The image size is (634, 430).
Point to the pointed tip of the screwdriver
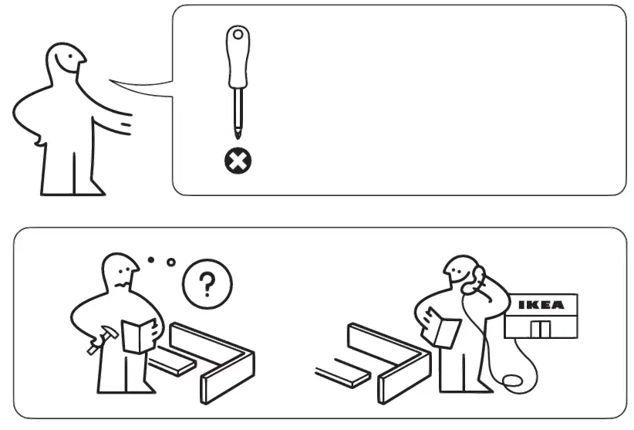click(x=236, y=137)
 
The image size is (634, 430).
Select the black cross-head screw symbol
click(x=237, y=162)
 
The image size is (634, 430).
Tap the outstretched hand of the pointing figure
click(x=123, y=122)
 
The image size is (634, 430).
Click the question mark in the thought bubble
click(x=205, y=285)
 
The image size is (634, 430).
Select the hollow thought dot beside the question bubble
click(x=170, y=262)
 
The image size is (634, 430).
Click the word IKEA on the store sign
click(x=540, y=304)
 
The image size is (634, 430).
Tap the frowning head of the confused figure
click(x=120, y=273)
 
